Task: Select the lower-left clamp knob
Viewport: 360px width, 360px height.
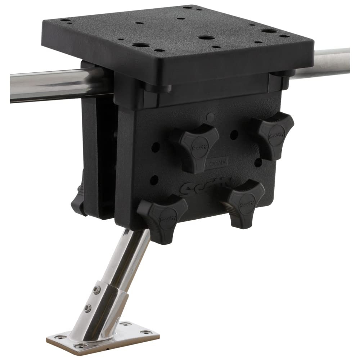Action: pos(164,216)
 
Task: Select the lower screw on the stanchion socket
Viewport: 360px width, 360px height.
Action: pos(87,308)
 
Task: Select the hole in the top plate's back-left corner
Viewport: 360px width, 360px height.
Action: pos(65,21)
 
